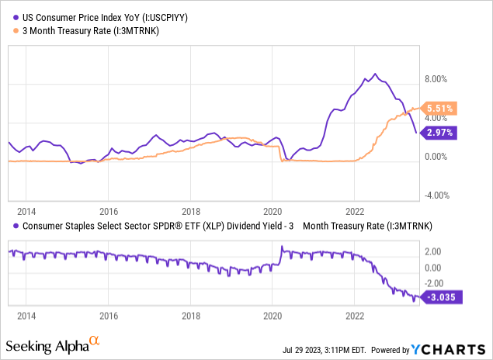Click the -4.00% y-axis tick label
pyautogui.click(x=439, y=196)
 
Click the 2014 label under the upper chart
pyautogui.click(x=26, y=210)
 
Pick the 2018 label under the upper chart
pyautogui.click(x=191, y=210)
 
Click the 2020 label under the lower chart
pyautogui.click(x=273, y=318)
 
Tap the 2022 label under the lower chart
pyautogui.click(x=355, y=318)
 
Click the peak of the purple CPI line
pyautogui.click(x=376, y=74)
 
